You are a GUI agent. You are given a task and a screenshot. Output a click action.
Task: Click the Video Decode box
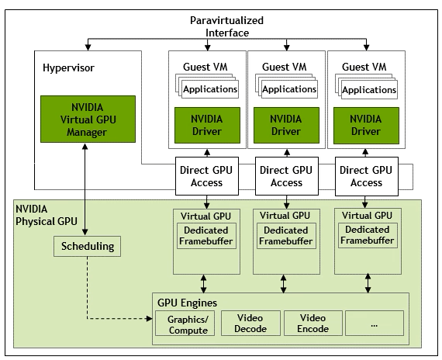pyautogui.click(x=250, y=324)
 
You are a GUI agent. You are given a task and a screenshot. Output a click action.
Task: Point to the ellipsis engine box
pyautogui.click(x=374, y=324)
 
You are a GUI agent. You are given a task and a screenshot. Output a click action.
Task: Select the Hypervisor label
pyautogui.click(x=67, y=68)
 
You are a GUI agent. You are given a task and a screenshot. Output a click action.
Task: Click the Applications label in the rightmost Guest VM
pyautogui.click(x=369, y=89)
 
